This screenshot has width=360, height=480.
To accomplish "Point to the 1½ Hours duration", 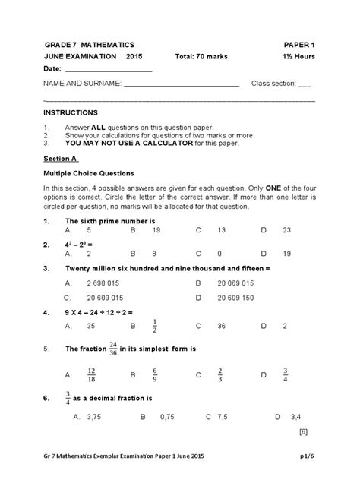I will [x=296, y=57].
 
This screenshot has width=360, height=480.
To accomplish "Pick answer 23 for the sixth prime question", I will [x=286, y=229].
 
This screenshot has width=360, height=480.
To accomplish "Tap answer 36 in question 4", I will [x=222, y=326].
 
